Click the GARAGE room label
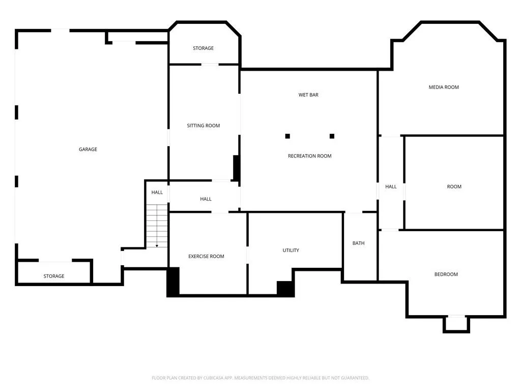[x=88, y=149]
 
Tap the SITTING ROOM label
[x=204, y=126]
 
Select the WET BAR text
[x=308, y=95]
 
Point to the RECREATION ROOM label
[x=310, y=156]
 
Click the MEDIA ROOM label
[x=444, y=87]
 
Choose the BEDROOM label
[x=446, y=274]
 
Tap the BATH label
[x=358, y=243]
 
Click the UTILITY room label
[x=291, y=250]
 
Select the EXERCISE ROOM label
[x=206, y=257]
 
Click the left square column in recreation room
[x=287, y=136]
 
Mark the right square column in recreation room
[x=332, y=136]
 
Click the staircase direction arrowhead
[x=157, y=246]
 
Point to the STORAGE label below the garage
[x=54, y=276]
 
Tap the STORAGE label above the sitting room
[x=203, y=48]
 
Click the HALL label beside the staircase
[x=157, y=192]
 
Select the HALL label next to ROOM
[x=391, y=186]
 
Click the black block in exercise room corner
[x=173, y=281]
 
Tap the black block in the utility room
[x=285, y=289]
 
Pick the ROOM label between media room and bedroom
[x=454, y=187]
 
